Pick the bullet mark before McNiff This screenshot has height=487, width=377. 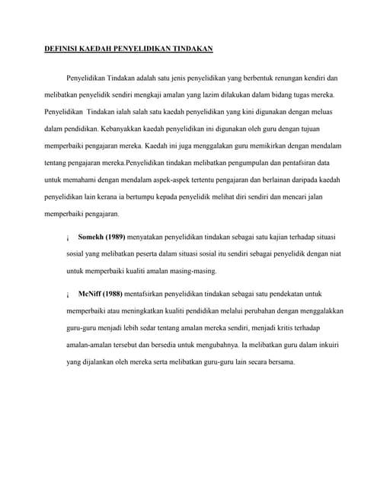pyautogui.click(x=69, y=294)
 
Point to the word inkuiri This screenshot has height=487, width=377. pyautogui.click(x=328, y=345)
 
